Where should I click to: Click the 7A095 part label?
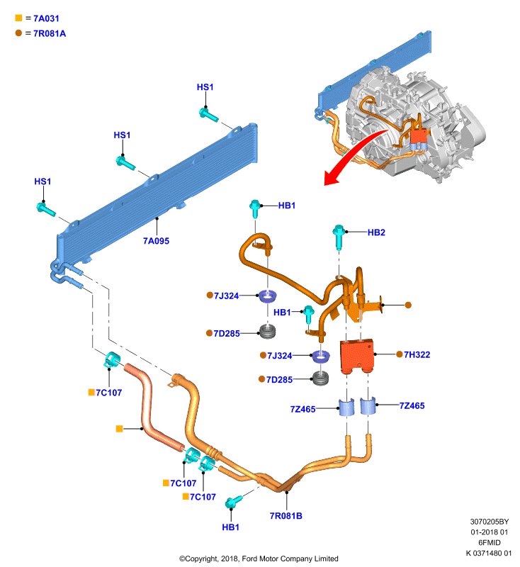click(156, 241)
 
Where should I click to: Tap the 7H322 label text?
click(417, 355)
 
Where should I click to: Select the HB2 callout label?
click(376, 232)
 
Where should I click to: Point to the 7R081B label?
click(286, 516)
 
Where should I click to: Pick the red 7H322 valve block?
click(356, 357)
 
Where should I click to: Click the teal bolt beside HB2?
click(339, 237)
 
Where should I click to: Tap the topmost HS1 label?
click(205, 87)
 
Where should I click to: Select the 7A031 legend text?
click(46, 18)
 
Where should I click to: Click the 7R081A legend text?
click(50, 33)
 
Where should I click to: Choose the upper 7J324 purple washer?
click(268, 296)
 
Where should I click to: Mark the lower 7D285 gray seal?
click(320, 378)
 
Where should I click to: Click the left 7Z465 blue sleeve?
click(346, 407)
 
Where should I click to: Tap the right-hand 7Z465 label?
click(412, 405)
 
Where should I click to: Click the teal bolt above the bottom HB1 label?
click(234, 502)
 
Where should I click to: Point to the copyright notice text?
click(259, 558)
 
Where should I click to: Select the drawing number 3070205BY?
click(490, 522)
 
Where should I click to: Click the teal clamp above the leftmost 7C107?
click(112, 360)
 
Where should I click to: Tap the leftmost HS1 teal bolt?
click(46, 209)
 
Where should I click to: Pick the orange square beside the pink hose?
click(119, 429)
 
